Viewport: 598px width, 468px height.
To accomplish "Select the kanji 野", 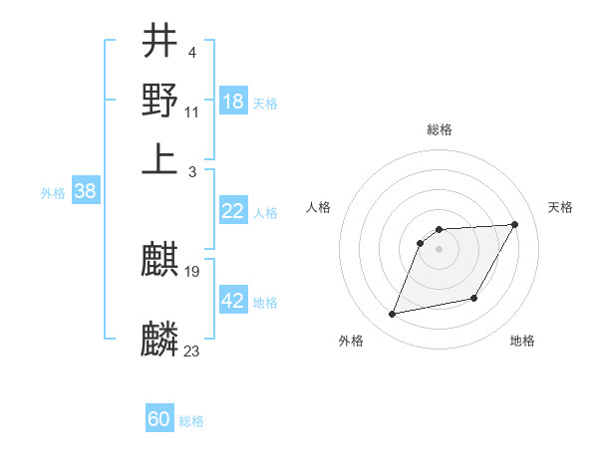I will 160,100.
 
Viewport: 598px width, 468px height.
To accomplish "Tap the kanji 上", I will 160,159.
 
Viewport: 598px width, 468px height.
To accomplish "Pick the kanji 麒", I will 160,262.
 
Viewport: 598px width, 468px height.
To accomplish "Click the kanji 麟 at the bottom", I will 160,340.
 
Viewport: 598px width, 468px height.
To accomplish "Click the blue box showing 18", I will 233,102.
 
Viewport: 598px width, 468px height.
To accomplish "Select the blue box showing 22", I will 233,211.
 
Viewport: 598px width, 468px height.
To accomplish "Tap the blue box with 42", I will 233,301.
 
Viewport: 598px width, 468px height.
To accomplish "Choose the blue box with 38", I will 85,192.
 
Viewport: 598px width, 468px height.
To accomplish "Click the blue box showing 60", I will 159,419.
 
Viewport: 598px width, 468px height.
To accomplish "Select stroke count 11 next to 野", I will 192,111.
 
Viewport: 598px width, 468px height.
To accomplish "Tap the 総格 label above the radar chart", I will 440,129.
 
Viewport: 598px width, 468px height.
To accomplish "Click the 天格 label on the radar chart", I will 561,207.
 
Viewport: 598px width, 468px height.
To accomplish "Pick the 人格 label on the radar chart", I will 319,207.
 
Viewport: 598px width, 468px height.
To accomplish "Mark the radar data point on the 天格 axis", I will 514,224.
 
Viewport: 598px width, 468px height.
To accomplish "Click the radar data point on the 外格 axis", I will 393,315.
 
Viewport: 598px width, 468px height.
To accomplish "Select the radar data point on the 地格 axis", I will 474,298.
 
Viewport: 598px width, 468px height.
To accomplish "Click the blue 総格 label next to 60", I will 191,421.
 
